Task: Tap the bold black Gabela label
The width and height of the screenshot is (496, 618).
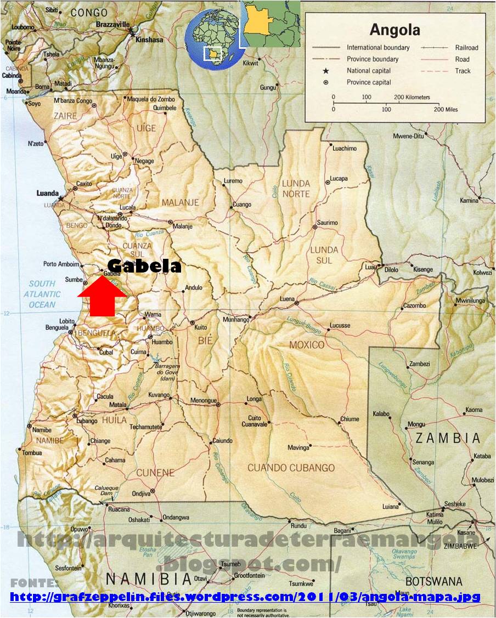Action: [144, 267]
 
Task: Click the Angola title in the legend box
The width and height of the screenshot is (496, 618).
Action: [394, 29]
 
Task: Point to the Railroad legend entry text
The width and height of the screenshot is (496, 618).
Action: [466, 48]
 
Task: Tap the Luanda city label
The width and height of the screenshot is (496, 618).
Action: [47, 193]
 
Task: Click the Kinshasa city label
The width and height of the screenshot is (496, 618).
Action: [150, 40]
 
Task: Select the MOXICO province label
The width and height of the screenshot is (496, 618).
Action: [307, 345]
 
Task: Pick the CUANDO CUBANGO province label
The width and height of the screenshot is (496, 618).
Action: [291, 468]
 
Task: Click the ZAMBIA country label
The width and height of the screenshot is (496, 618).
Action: [447, 438]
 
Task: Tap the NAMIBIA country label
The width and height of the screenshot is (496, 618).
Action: [148, 579]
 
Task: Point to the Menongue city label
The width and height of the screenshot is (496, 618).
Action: [204, 401]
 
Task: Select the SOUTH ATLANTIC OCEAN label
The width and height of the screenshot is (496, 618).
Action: [42, 294]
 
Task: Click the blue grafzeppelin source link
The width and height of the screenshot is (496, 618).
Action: [245, 597]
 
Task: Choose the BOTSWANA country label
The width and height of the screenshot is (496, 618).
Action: [433, 581]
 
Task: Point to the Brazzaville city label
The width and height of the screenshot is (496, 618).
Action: [113, 25]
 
